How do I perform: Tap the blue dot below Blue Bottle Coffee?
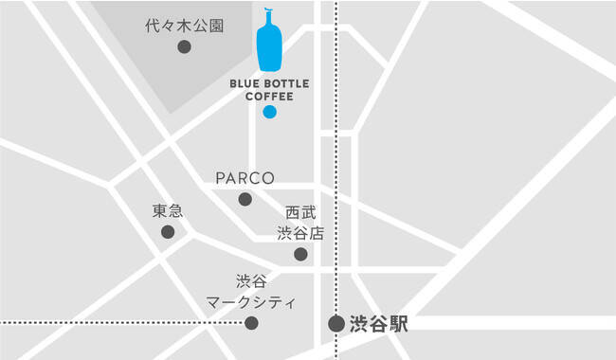[x=269, y=112]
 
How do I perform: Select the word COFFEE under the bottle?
[x=269, y=96]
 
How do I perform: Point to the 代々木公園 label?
[x=185, y=26]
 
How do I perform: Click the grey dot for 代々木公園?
[x=184, y=46]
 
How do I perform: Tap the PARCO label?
[x=245, y=178]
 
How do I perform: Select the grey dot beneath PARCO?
[x=245, y=199]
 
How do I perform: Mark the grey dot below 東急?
[x=168, y=232]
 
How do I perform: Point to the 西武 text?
[x=300, y=214]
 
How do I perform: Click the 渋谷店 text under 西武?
[x=300, y=233]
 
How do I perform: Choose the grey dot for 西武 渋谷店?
[x=300, y=254]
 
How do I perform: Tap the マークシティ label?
[x=251, y=302]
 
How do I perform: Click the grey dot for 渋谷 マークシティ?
[x=251, y=323]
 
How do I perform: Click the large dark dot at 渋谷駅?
[x=336, y=324]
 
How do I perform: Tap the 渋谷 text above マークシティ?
[x=251, y=281]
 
